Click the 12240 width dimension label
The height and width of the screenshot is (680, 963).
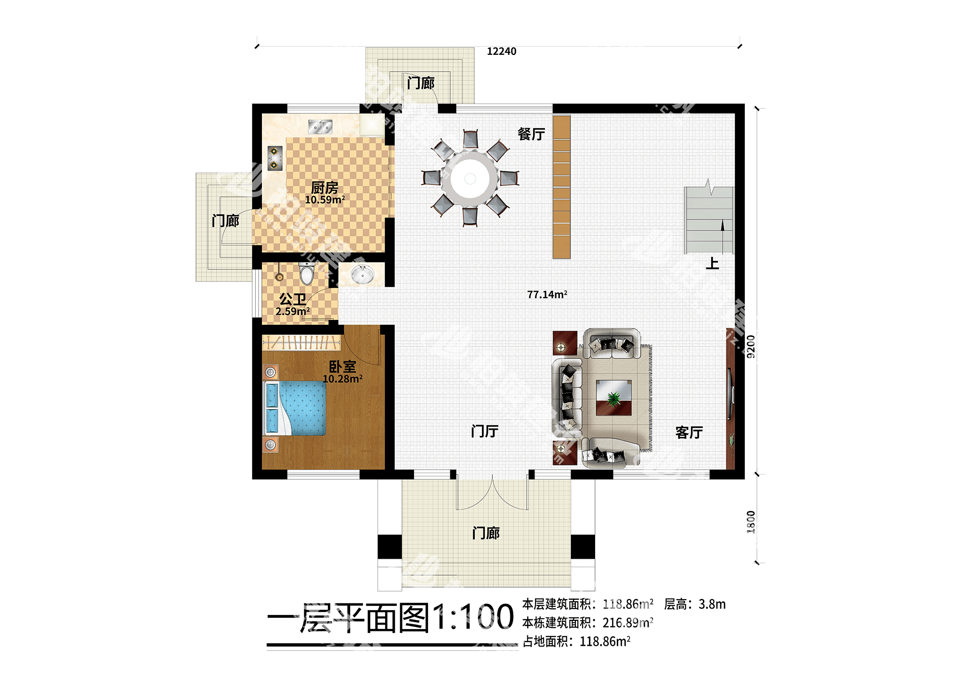501,51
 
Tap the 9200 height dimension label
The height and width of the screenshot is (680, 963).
751,346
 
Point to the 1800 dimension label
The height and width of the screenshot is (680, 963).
751,522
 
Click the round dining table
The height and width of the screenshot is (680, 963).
470,179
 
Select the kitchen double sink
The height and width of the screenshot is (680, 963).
320,127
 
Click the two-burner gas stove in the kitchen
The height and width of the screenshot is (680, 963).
275,158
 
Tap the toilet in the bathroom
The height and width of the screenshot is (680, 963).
306,273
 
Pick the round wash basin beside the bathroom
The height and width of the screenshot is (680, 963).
362,275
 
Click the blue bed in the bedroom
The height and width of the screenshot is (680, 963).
296,409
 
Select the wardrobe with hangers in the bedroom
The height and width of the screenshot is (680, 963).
301,343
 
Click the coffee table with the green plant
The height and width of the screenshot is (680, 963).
613,398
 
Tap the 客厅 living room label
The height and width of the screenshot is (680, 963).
689,433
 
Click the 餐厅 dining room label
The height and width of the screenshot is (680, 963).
531,134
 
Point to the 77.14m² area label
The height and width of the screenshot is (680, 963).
547,295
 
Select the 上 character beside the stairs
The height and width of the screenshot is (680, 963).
712,263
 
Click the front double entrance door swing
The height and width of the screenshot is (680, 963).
492,493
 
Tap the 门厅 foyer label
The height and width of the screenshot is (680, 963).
484,431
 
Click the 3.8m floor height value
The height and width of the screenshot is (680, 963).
712,604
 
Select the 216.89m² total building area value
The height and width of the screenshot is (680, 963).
627,623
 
